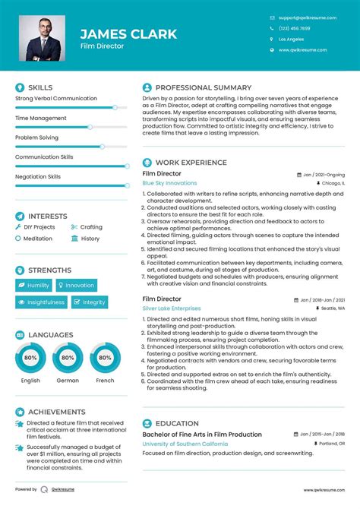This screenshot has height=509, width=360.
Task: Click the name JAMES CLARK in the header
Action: pyautogui.click(x=128, y=33)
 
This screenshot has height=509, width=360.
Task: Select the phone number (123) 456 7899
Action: pyautogui.click(x=294, y=28)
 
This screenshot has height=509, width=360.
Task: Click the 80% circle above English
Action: pyautogui.click(x=30, y=357)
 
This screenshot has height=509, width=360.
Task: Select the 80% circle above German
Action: pyautogui.click(x=68, y=357)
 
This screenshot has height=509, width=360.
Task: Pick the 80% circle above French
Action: pyautogui.click(x=105, y=357)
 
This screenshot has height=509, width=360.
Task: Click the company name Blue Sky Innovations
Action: pyautogui.click(x=169, y=183)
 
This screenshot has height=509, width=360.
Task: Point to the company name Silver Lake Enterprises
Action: pyautogui.click(x=172, y=308)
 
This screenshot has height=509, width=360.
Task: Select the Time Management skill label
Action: pyautogui.click(x=41, y=119)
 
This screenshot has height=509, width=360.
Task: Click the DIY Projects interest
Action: pyautogui.click(x=39, y=227)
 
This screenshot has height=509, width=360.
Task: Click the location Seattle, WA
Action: pyautogui.click(x=332, y=309)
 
